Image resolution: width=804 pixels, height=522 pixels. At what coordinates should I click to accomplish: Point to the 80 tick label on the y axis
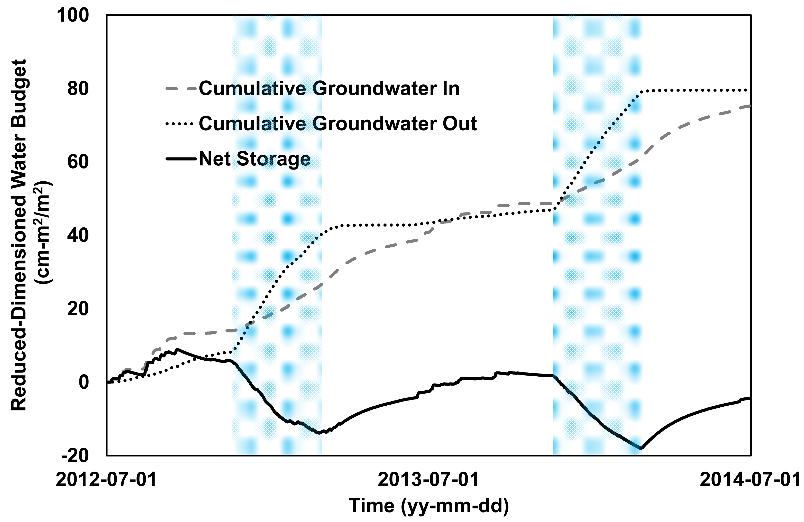click(x=78, y=89)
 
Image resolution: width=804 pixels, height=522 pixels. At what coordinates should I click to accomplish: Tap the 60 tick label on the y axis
click(x=78, y=162)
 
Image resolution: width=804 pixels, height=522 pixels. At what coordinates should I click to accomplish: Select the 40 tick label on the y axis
click(x=78, y=236)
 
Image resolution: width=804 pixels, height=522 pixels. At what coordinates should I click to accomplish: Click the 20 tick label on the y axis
click(x=78, y=309)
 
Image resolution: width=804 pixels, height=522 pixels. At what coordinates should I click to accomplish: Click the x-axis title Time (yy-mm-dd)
click(x=429, y=506)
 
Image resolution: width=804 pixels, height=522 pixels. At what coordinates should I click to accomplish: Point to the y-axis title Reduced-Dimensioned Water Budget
click(x=19, y=235)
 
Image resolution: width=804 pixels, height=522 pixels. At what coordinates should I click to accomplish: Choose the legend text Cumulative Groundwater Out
click(x=337, y=124)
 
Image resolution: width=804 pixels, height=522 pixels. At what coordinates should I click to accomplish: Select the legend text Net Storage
click(x=254, y=159)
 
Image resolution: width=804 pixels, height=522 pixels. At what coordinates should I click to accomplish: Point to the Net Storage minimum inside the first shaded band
click(x=318, y=433)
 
